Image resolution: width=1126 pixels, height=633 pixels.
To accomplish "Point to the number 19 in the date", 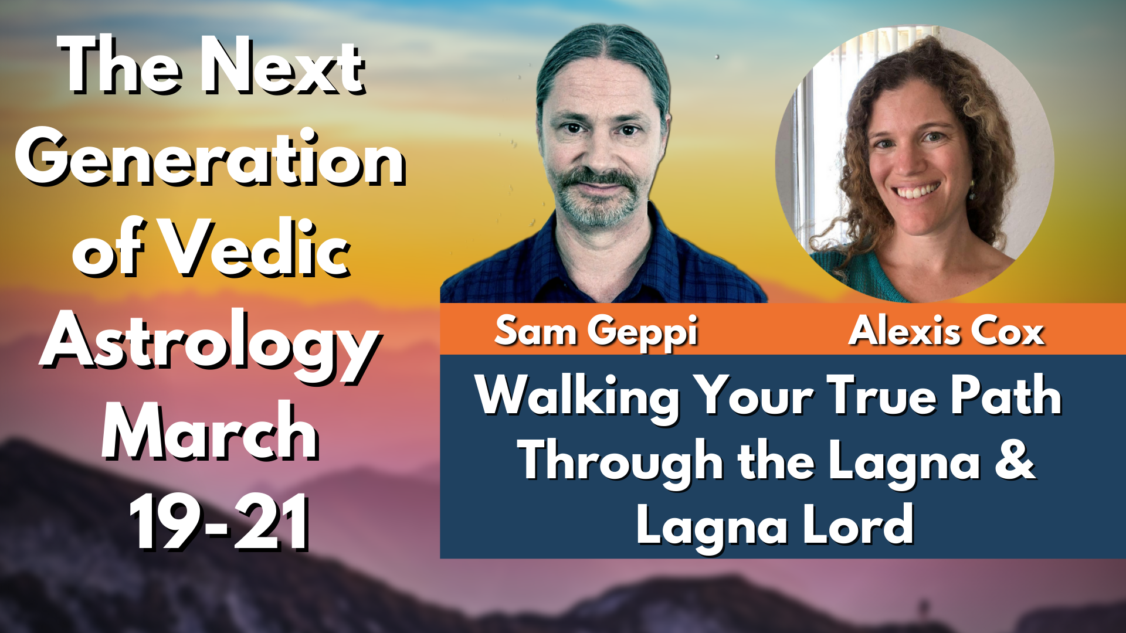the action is pyautogui.click(x=169, y=521).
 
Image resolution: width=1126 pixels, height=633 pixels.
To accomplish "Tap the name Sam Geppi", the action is pyautogui.click(x=596, y=332).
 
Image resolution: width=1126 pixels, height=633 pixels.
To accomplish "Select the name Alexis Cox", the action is pyautogui.click(x=947, y=332).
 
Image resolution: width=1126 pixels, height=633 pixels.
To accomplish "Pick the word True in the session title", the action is pyautogui.click(x=883, y=396).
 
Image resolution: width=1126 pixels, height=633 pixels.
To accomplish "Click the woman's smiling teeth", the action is pyautogui.click(x=915, y=192).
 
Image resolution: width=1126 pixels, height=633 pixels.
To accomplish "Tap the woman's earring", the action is pyautogui.click(x=972, y=189).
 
